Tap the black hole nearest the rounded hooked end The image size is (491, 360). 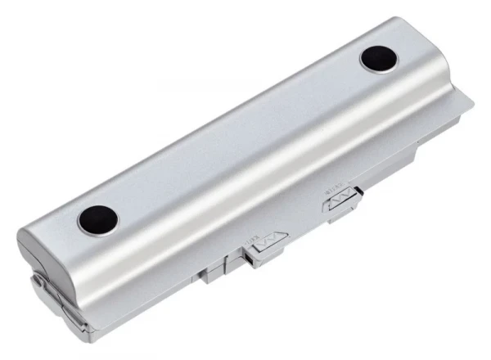point(98,219)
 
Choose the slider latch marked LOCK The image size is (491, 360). point(266,245)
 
